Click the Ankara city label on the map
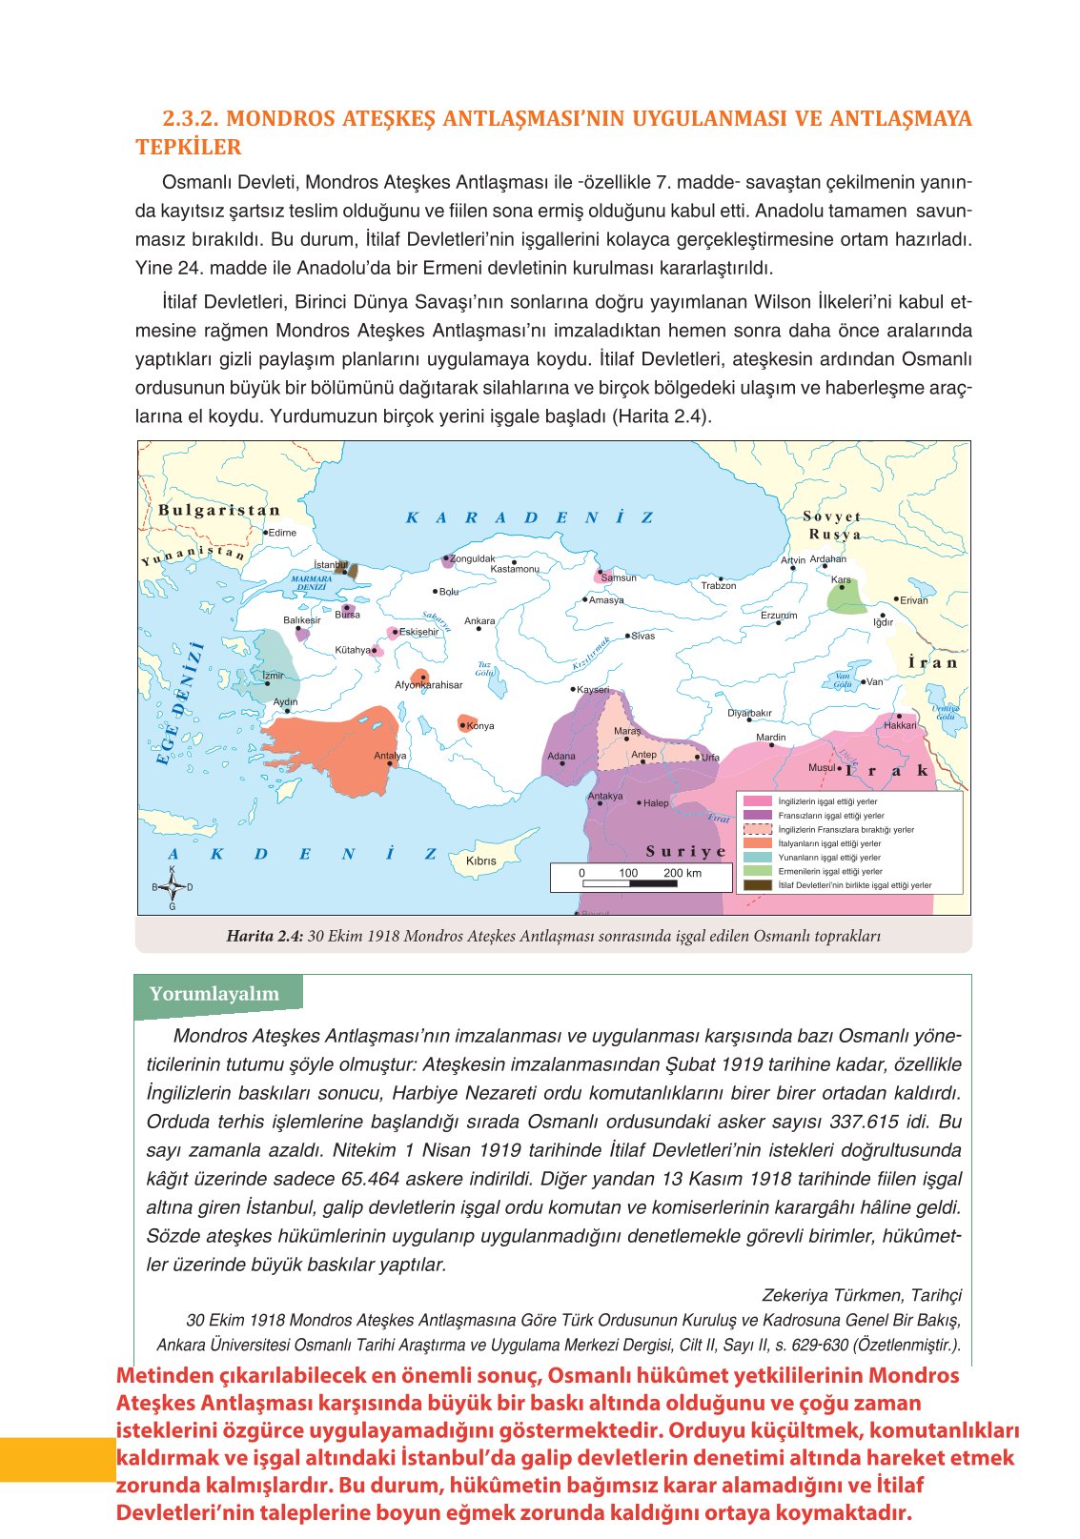pyautogui.click(x=479, y=620)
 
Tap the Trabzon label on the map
pyautogui.click(x=719, y=585)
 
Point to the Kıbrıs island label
pyautogui.click(x=480, y=861)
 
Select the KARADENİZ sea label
pyautogui.click(x=530, y=517)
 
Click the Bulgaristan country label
pyautogui.click(x=219, y=510)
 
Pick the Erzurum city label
pyautogui.click(x=779, y=615)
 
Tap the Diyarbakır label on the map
pyautogui.click(x=749, y=713)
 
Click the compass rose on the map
pyautogui.click(x=173, y=887)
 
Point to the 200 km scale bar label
pyautogui.click(x=682, y=873)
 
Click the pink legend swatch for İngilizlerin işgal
pyautogui.click(x=757, y=801)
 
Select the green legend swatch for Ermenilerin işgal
pyautogui.click(x=757, y=871)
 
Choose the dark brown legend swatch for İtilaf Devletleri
pyautogui.click(x=757, y=885)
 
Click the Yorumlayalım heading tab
pyautogui.click(x=214, y=994)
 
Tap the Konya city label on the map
pyautogui.click(x=480, y=725)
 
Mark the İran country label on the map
pyautogui.click(x=932, y=662)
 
